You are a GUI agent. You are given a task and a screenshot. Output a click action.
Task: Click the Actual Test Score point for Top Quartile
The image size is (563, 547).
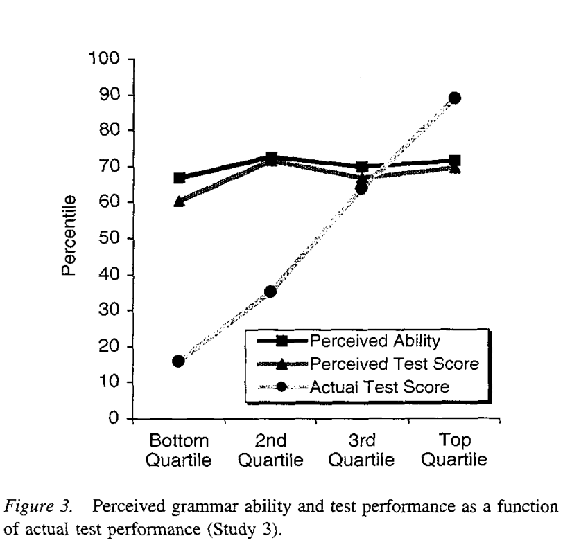pyautogui.click(x=454, y=98)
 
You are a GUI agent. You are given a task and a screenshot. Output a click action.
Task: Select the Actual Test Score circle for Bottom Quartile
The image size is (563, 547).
pyautogui.click(x=179, y=361)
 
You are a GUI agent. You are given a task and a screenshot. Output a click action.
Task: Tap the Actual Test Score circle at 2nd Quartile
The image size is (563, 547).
pyautogui.click(x=270, y=292)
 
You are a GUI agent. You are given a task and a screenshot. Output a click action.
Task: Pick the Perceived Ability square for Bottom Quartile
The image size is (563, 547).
pyautogui.click(x=180, y=178)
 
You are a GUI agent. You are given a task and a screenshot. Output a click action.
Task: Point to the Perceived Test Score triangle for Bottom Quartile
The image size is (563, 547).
pyautogui.click(x=180, y=201)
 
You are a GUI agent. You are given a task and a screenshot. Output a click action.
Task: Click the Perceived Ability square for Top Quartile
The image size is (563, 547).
pyautogui.click(x=455, y=161)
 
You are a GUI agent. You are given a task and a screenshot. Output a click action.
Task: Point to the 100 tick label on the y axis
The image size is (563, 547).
pyautogui.click(x=103, y=59)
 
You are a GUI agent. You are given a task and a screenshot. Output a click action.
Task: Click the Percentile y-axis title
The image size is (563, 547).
pyautogui.click(x=69, y=238)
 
